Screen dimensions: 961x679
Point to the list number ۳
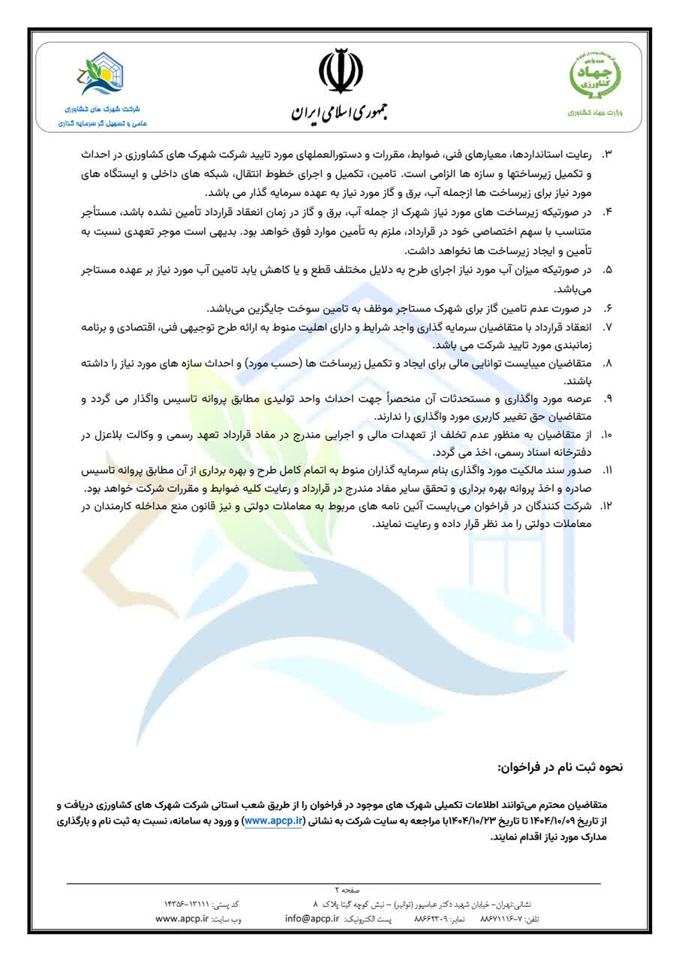coord(608,154)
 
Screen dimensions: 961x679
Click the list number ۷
coord(608,327)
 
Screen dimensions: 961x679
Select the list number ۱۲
coord(607,507)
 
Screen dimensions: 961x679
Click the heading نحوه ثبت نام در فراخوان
coord(560,768)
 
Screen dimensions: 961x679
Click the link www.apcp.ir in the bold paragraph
coord(275,821)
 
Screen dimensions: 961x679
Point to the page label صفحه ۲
coord(348,890)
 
